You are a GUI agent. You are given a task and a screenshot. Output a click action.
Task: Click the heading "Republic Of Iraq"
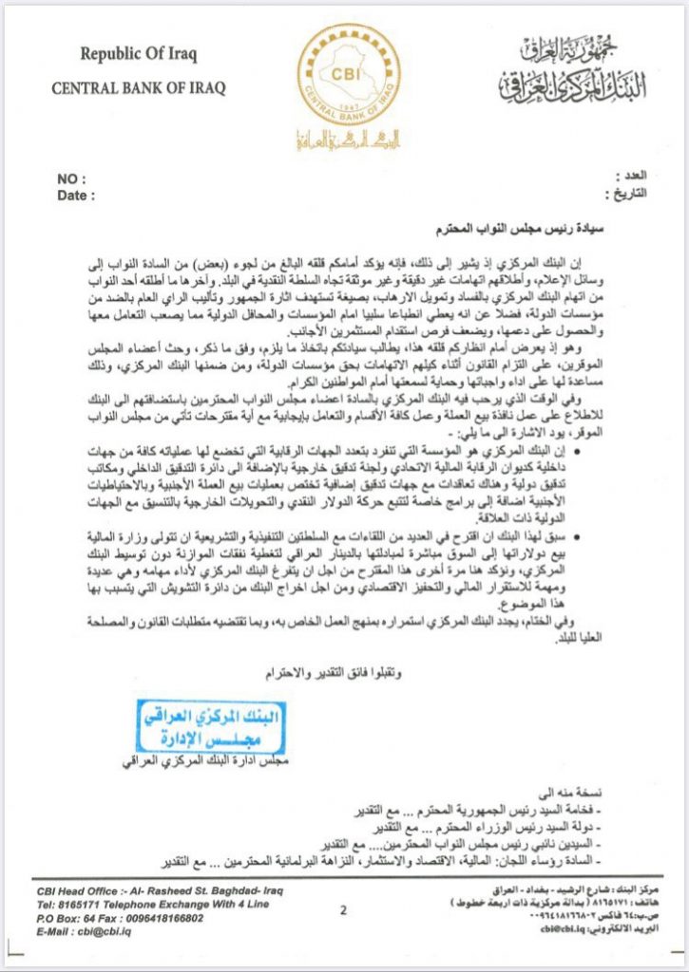point(139,55)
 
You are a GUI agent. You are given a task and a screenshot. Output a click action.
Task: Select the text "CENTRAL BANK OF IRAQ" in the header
point(139,89)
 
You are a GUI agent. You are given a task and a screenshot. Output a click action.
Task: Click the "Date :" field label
point(77,196)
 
